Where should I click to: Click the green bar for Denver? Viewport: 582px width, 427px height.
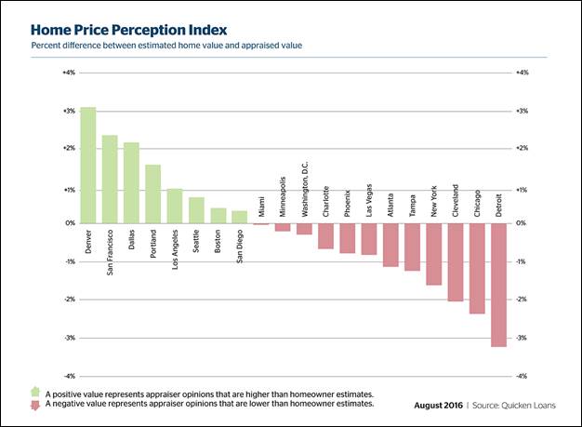(87, 166)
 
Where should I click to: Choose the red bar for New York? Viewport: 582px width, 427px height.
(434, 254)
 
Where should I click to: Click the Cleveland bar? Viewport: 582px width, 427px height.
(456, 262)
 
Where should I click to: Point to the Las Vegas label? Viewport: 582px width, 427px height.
(369, 198)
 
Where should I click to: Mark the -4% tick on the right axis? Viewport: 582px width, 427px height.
(522, 376)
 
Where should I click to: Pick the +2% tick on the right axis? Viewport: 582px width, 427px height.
(522, 148)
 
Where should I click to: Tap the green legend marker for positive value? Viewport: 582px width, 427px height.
(35, 394)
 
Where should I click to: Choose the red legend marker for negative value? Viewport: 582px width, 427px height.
(35, 405)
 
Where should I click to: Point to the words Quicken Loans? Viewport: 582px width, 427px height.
(527, 406)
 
